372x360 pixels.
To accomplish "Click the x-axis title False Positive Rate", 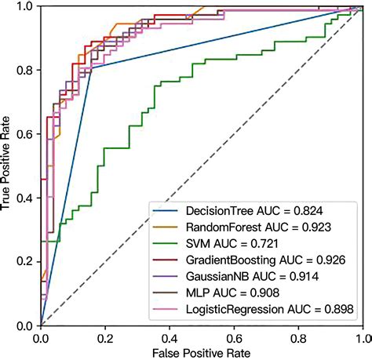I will [x=202, y=352].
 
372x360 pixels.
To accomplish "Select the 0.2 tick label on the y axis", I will [x=25, y=262].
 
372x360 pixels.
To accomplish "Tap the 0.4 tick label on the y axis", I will [x=25, y=198].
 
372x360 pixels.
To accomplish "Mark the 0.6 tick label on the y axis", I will [x=25, y=134].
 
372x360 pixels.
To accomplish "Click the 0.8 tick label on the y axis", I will [x=25, y=70].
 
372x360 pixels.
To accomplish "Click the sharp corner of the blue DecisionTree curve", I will [x=93, y=69].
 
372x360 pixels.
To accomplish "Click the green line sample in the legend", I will [x=168, y=244].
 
